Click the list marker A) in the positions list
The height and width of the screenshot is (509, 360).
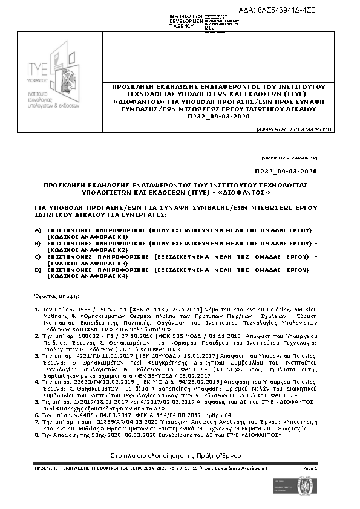click(x=38, y=231)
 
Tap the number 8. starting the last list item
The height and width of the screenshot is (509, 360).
click(x=38, y=435)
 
